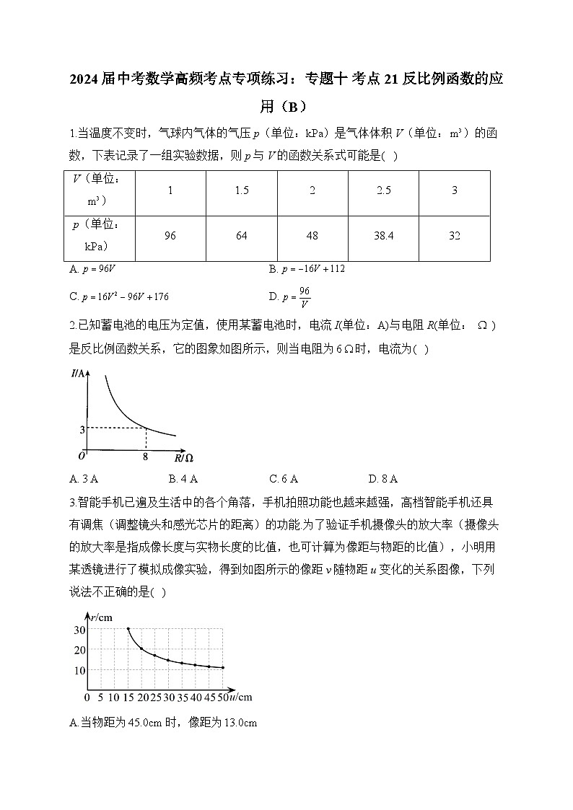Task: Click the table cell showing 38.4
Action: (x=384, y=236)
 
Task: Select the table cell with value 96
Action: (x=170, y=236)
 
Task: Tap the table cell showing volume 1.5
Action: (x=242, y=190)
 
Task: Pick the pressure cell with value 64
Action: (x=242, y=236)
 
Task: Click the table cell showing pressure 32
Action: (x=454, y=236)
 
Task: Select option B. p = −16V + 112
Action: (x=306, y=268)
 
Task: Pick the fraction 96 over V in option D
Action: (x=305, y=296)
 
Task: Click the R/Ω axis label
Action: (x=183, y=457)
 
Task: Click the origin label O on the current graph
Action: (x=82, y=456)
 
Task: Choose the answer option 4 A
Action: (x=183, y=478)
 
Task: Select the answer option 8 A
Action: (x=382, y=478)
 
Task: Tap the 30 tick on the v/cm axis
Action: (x=79, y=630)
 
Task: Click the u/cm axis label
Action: (x=240, y=697)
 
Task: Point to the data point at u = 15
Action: (x=128, y=629)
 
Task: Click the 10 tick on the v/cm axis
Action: (x=79, y=670)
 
